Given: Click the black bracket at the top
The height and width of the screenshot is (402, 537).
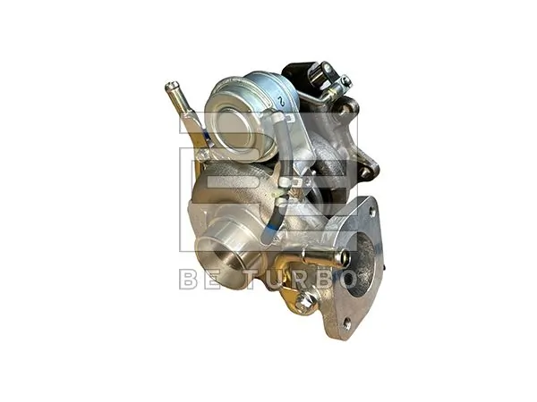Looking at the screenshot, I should coord(300,71).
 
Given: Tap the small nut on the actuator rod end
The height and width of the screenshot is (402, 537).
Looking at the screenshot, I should coord(345,82).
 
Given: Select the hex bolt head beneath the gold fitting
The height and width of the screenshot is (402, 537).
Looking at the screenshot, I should coord(303,301).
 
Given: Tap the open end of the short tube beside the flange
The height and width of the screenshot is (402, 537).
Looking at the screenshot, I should coord(340,259).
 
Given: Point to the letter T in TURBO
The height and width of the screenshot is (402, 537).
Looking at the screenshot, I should coord(243,279).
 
